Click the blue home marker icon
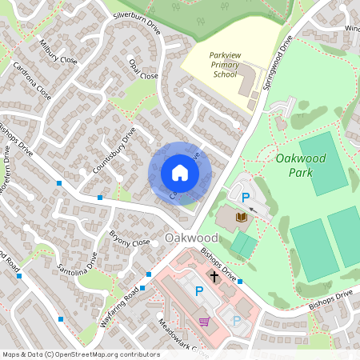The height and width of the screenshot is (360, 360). tap(180, 173)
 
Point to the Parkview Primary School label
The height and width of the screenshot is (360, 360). tap(225, 65)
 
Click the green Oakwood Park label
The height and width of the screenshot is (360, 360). tap(301, 165)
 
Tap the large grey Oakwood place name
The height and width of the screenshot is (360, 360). tap(191, 238)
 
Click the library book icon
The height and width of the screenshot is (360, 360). tap(242, 217)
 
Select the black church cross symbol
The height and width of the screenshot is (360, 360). tap(214, 276)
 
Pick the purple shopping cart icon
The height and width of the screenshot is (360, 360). tap(205, 321)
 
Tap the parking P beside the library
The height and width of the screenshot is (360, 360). tap(246, 197)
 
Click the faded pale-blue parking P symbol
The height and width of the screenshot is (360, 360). tap(236, 321)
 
